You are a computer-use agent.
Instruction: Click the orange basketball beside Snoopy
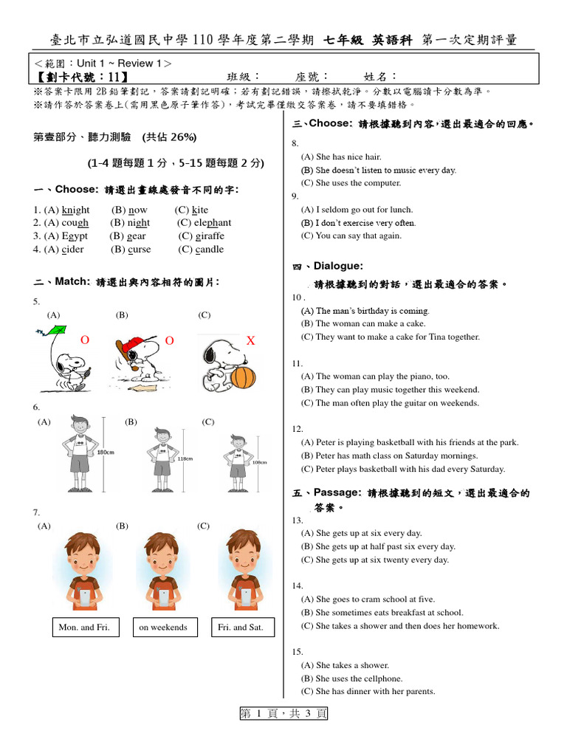pos(243,377)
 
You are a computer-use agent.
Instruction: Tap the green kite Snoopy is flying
pos(48,338)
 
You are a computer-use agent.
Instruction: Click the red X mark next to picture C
pos(250,340)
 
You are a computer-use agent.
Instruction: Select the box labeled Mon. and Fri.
pos(83,628)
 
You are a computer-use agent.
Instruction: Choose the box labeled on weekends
pos(163,628)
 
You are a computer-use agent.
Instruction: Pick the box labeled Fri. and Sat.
pos(241,628)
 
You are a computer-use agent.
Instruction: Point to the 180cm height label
pos(106,452)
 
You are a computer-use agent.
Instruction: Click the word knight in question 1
pos(76,210)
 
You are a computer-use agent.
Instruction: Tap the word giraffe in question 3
pos(210,236)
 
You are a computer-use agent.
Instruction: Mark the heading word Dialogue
pos(338,266)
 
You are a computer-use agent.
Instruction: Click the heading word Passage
pos(337,492)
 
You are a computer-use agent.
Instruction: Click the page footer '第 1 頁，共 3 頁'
pos(283,713)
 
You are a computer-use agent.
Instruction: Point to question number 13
pos(298,520)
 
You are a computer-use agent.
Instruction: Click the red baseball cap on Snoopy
pos(132,345)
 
